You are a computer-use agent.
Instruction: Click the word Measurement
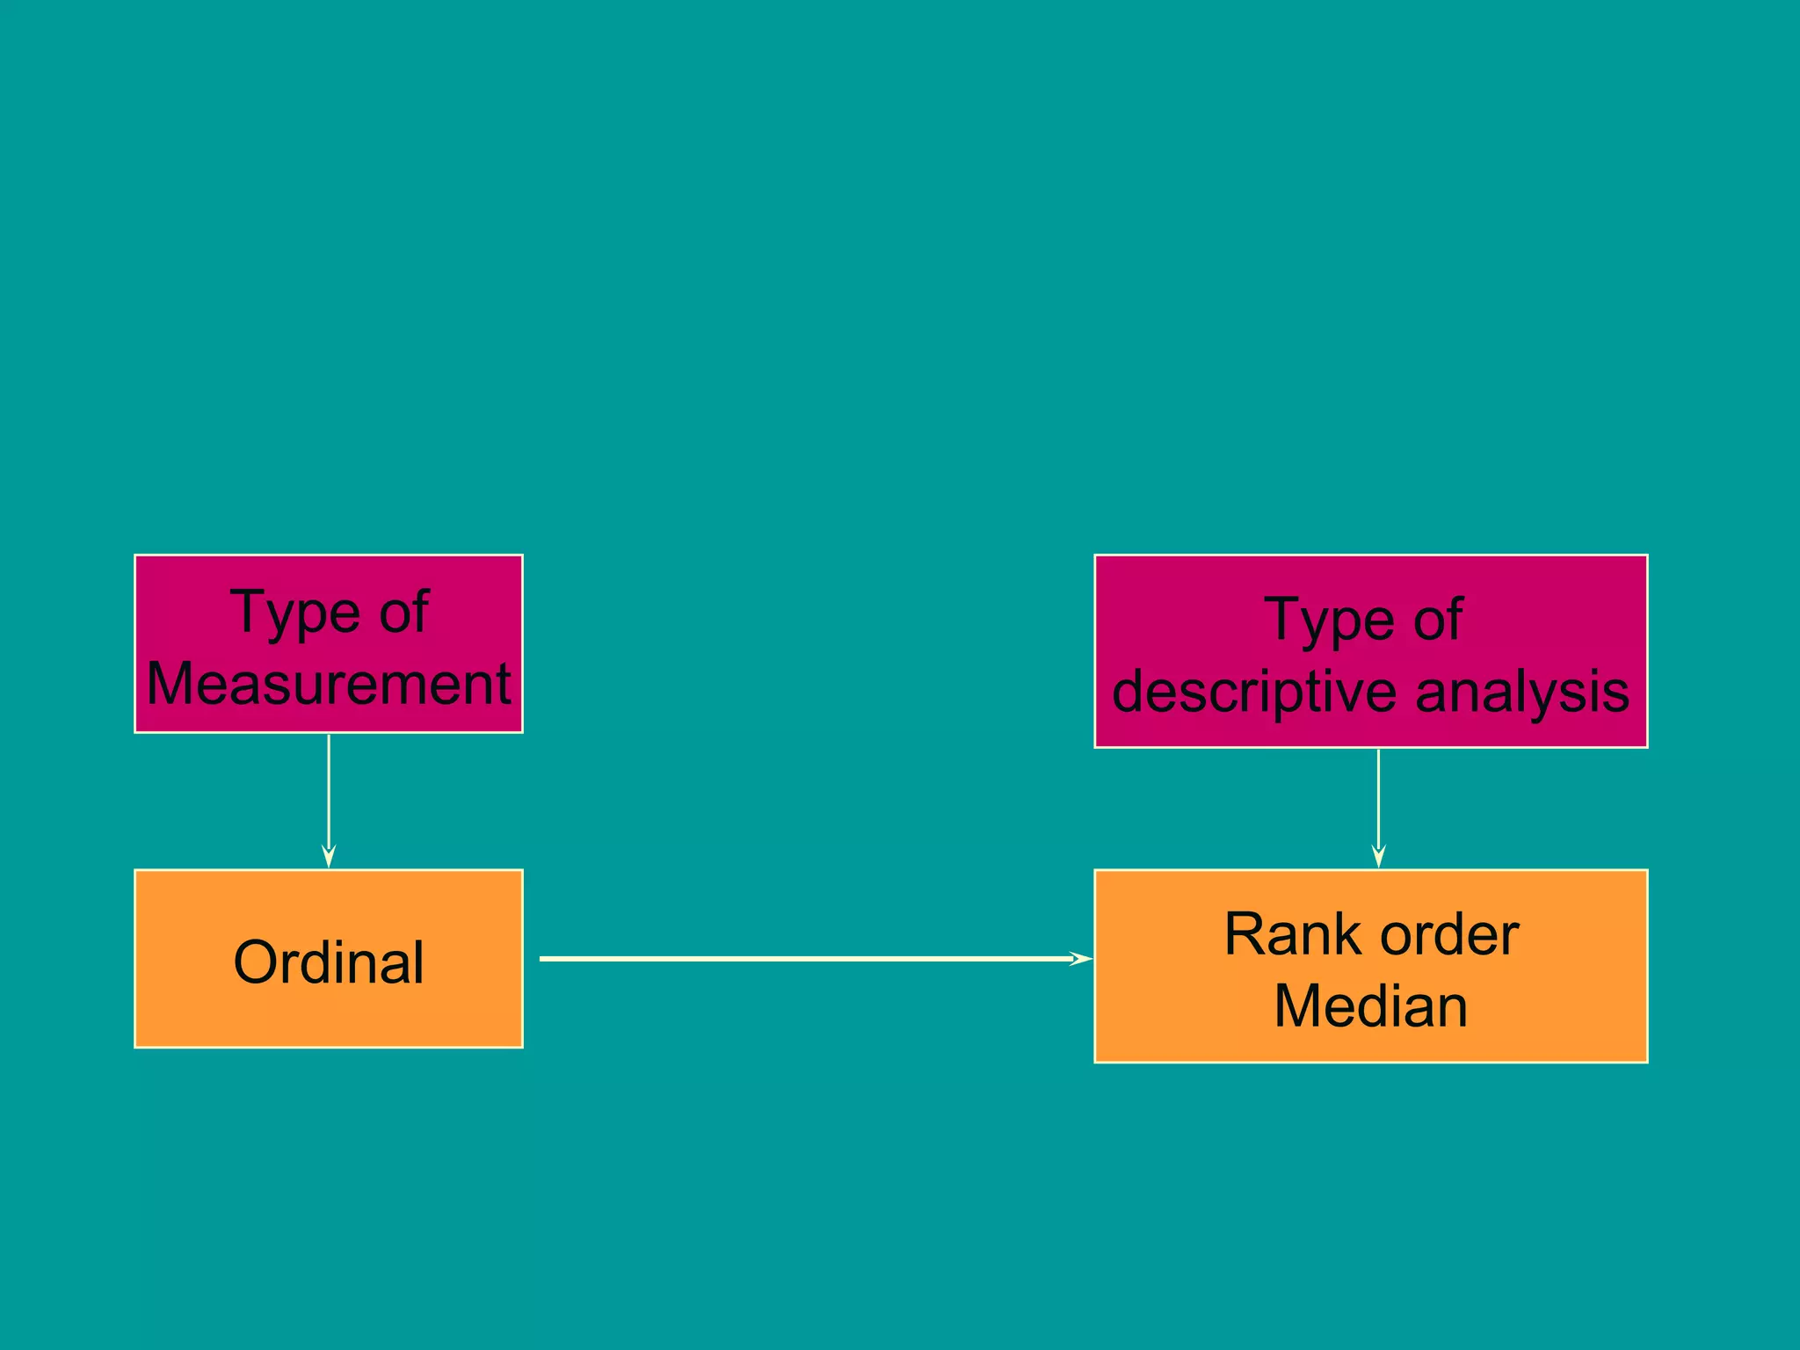point(329,684)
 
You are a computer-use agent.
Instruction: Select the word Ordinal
point(329,962)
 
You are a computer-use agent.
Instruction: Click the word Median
point(1370,1005)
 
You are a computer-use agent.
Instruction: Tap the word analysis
point(1522,692)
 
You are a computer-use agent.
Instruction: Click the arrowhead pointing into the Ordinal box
point(329,857)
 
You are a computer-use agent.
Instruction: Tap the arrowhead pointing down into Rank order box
point(1378,857)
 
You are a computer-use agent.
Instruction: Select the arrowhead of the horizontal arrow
point(1082,958)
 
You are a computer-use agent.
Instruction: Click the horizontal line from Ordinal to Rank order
point(791,958)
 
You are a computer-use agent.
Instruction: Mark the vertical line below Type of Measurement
point(329,791)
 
